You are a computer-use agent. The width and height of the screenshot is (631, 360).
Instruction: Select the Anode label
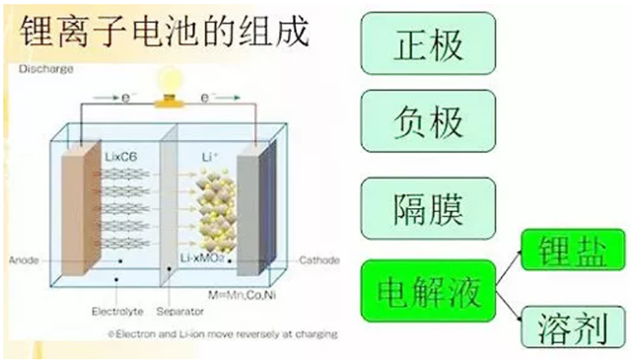(x=23, y=260)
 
